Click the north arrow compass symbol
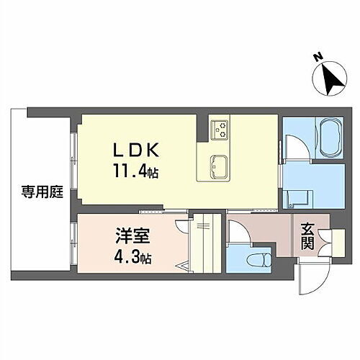329,80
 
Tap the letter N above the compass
318,57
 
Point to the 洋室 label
127,235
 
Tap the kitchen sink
217,168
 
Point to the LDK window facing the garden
74,158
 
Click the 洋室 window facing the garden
74,244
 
